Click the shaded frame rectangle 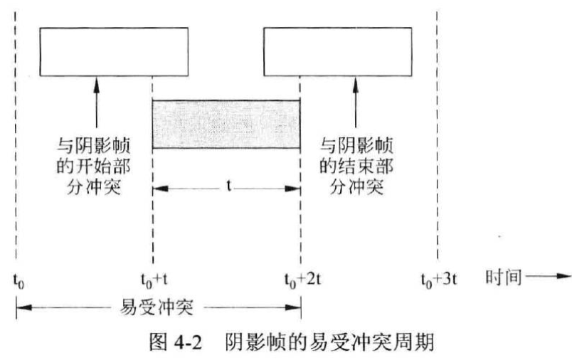pos(226,124)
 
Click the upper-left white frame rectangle pos(115,51)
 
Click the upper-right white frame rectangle pos(337,51)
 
